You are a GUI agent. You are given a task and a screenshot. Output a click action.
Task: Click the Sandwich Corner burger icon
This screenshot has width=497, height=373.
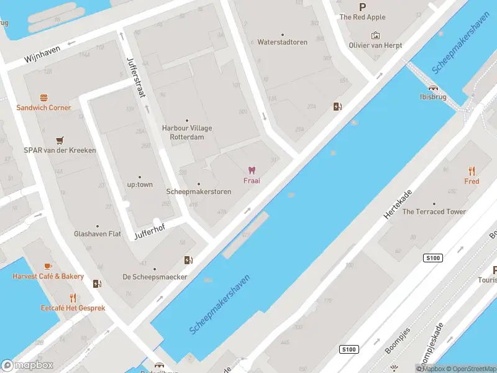coord(43,98)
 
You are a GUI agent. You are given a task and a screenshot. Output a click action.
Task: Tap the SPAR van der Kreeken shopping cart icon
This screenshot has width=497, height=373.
coord(60,140)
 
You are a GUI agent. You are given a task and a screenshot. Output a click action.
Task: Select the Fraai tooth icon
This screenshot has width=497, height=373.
coord(252,170)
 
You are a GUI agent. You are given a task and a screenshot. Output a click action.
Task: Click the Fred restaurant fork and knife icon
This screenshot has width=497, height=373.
coord(472,171)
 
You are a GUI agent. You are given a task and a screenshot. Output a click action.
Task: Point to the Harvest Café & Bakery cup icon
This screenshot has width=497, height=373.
coord(48,266)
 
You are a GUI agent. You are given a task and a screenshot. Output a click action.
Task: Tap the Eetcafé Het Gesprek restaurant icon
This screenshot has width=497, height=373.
coord(73,297)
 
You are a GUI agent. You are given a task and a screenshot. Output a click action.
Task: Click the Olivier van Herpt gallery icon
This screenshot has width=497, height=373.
coord(375,35)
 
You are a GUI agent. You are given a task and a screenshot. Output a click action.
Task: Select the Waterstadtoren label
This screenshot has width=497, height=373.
coord(283,42)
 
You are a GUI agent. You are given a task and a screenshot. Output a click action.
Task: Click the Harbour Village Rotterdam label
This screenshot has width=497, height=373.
coord(187,132)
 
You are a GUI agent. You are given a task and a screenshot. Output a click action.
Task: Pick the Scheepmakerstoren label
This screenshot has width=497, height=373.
coord(199,191)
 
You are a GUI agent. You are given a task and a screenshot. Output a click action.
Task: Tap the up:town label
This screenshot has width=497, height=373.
coord(140,185)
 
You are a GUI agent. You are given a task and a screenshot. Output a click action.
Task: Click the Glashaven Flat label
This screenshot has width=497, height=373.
coord(98,234)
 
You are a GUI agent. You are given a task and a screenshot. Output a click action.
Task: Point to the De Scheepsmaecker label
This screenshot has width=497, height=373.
coord(155,277)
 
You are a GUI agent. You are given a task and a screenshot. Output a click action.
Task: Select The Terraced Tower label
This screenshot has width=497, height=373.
coord(434,211)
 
